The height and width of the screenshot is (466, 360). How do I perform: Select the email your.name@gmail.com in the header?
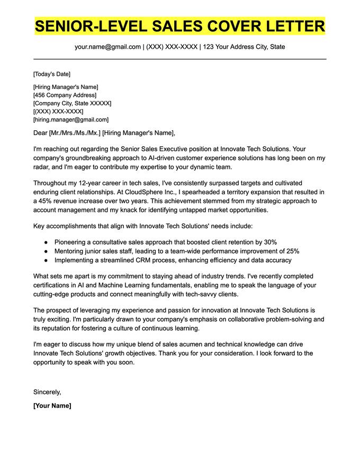(x=107, y=47)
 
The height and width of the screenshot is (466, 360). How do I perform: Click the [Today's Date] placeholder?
(x=51, y=74)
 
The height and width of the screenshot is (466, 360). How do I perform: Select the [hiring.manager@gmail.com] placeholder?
(x=70, y=120)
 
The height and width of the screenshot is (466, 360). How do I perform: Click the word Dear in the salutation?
(x=40, y=133)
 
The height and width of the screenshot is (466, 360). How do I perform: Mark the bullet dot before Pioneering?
(x=47, y=242)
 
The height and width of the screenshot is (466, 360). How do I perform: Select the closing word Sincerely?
(x=47, y=392)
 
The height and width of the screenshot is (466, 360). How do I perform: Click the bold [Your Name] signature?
(x=52, y=406)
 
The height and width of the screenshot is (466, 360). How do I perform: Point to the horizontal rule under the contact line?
(x=180, y=59)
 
